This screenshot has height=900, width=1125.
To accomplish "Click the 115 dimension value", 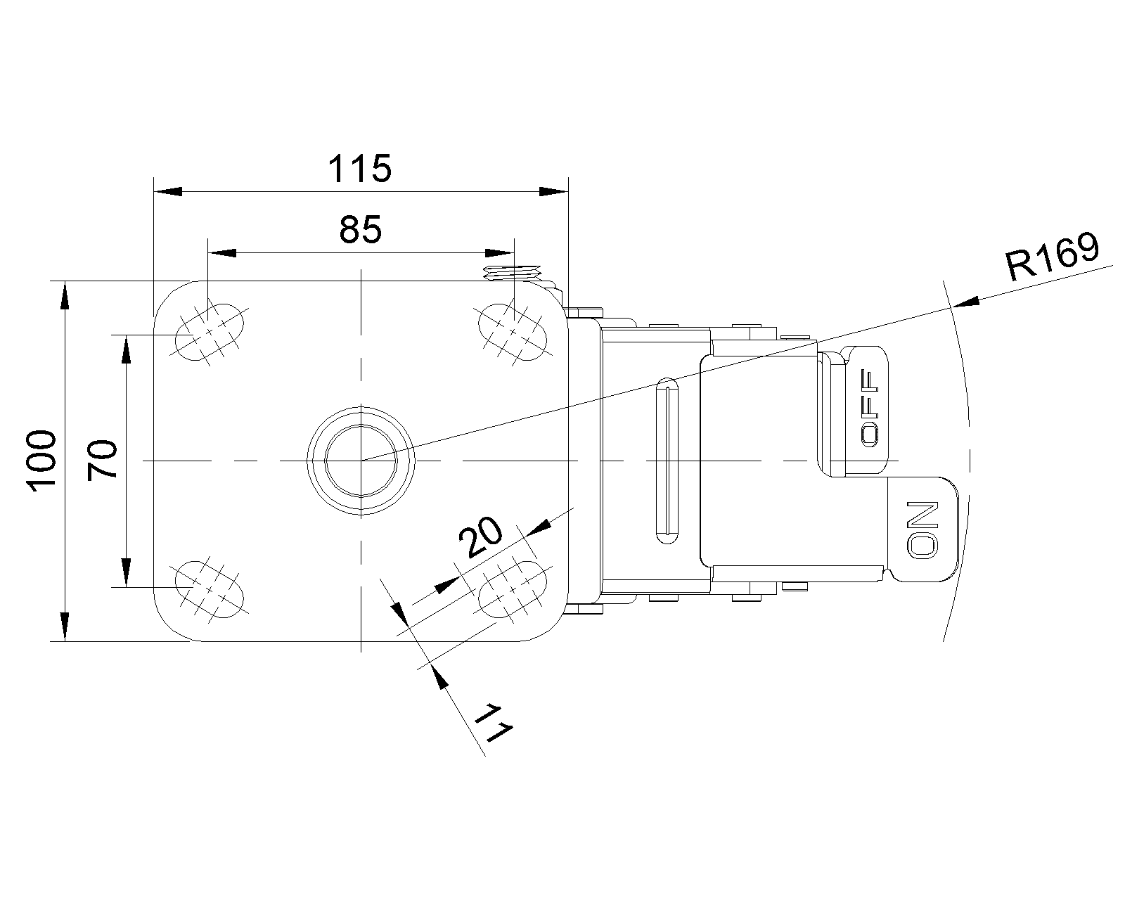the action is pos(360,168).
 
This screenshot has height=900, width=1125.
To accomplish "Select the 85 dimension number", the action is pos(360,230).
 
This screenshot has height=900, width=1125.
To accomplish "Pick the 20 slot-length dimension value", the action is pos(480,537).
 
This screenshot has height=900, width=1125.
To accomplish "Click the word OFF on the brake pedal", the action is pos(870,409).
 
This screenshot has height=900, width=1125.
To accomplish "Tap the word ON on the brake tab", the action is pos(922,530).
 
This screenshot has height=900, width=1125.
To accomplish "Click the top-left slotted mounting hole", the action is pos(209,332).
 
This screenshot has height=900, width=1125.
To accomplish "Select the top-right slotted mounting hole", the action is pos(513,332).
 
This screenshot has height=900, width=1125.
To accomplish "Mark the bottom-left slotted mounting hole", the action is pos(209,589).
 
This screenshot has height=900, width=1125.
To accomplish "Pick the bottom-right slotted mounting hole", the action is pos(513,589).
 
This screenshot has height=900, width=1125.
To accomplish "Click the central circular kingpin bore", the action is pos(361,461).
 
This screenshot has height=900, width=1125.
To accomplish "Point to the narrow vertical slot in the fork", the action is pos(667,461).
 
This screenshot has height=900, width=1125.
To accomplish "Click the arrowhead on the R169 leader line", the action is pos(965,302).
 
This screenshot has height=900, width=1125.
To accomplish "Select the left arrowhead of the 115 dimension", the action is pos(168,191).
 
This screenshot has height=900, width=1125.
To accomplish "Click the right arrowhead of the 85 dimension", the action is pos(500,253).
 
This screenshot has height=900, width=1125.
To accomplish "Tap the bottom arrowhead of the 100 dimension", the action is pos(65,626).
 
